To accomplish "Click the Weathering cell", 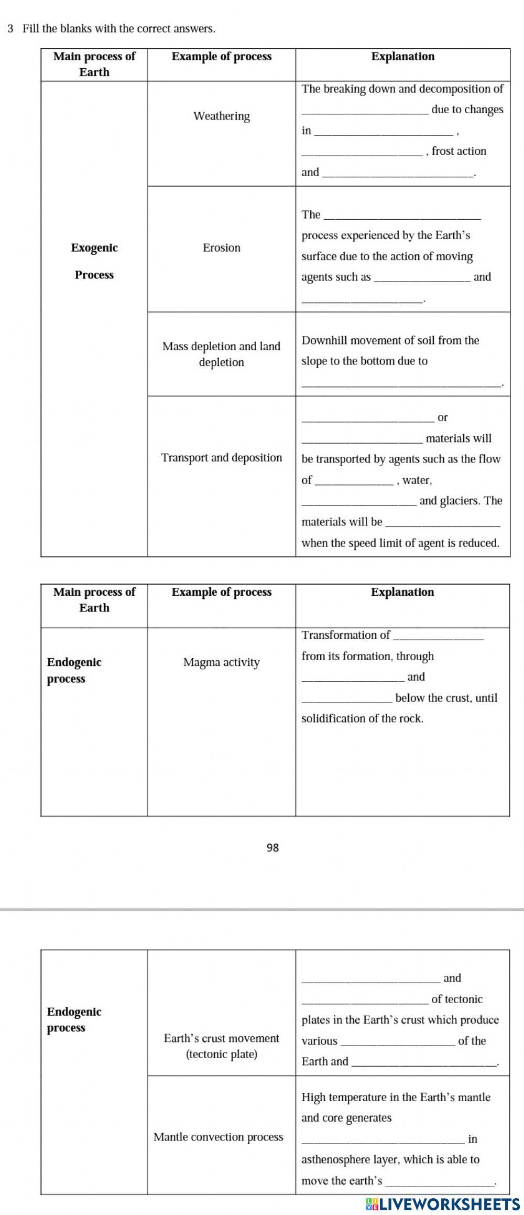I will [221, 116].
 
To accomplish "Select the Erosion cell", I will [221, 248].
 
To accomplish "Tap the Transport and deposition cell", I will [221, 458].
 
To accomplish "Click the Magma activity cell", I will [221, 662].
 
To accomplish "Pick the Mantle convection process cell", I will [218, 1137].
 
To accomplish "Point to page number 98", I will [272, 847].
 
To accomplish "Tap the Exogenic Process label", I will [94, 261].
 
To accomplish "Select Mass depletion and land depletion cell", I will [221, 354].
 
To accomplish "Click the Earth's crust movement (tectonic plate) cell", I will [221, 1046].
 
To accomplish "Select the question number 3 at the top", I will [10, 28].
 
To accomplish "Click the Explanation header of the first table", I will [402, 57].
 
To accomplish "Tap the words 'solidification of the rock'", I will [362, 719].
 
